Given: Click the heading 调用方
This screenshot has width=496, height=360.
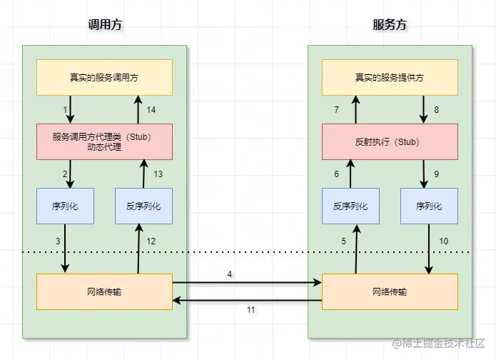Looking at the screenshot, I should [104, 25].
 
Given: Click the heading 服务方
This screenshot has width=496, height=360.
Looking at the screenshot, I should [390, 25].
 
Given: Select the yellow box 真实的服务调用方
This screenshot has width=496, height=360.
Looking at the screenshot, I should [104, 77].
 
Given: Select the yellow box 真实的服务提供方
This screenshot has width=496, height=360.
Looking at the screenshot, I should [390, 77].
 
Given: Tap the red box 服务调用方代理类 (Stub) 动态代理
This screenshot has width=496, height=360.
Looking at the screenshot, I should [104, 141].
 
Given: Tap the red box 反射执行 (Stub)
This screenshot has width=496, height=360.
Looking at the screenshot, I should [390, 141].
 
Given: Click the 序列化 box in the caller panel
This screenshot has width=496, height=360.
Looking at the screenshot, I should [65, 206].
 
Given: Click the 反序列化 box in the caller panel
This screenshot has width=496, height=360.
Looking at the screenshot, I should [143, 206].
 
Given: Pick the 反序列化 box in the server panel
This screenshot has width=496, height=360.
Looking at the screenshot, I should [350, 206].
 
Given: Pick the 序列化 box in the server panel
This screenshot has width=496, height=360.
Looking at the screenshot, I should [429, 206].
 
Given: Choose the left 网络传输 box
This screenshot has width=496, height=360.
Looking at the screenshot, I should [104, 291].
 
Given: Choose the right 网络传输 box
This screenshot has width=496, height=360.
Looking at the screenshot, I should [390, 291].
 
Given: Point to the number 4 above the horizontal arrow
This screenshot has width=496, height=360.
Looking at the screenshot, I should [229, 274].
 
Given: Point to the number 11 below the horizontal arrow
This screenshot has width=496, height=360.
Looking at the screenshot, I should [250, 310].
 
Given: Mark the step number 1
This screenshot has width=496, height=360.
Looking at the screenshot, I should [65, 109].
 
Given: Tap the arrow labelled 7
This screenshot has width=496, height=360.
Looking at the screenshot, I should [350, 109].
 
